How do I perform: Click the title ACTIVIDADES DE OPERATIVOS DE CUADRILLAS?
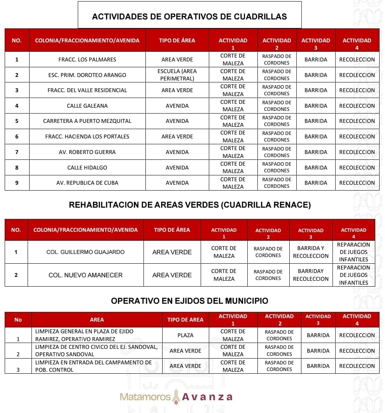point(189,16)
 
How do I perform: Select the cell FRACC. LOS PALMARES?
point(87,59)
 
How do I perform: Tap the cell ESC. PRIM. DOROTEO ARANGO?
point(87,75)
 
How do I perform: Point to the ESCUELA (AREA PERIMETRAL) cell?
point(177,75)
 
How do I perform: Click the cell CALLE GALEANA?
point(87,106)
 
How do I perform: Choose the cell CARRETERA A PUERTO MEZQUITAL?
point(87,121)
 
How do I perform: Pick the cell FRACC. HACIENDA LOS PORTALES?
point(87,136)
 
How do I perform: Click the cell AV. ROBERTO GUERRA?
point(87,152)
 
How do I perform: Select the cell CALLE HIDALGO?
point(87,168)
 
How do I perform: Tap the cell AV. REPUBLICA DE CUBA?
point(87,183)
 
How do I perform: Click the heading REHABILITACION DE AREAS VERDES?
point(190,205)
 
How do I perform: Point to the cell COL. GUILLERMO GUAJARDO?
point(86,252)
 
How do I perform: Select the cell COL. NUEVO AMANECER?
point(86,275)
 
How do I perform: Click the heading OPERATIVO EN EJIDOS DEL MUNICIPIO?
point(189,301)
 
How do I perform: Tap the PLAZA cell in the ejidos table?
point(185,335)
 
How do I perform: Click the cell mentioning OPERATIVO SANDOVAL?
point(96,350)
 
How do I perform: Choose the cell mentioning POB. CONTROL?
point(96,366)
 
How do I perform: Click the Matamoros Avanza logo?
point(176,397)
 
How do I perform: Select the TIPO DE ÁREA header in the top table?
point(177,40)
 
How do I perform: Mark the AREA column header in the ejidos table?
point(97,320)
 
